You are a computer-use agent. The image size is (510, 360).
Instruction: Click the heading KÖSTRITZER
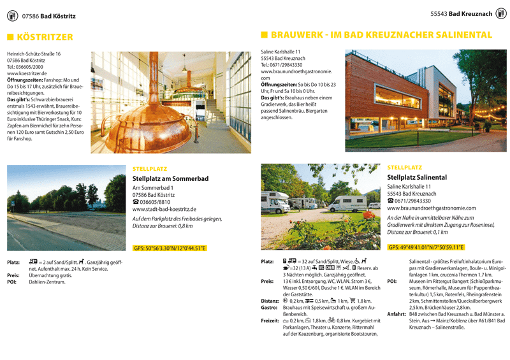pos(45,38)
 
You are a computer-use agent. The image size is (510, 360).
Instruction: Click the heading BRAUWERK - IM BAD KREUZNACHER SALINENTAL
pos(381,35)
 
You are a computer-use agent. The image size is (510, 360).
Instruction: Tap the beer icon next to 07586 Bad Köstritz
pos(11,16)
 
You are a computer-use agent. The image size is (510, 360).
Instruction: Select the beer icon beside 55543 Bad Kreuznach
pos(501,13)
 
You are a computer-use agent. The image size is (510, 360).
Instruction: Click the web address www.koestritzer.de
pos(29,73)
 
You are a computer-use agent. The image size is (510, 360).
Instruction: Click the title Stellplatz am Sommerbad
pos(170,179)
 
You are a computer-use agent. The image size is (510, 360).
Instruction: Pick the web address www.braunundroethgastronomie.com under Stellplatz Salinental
pos(431,208)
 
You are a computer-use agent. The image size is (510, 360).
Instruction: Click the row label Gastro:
pos(270,308)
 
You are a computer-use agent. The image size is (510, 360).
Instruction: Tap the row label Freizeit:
pos(271,321)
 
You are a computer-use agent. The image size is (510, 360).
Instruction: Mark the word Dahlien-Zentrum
pos(47,282)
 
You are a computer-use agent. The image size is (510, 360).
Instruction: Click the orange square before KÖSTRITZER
pos(10,38)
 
